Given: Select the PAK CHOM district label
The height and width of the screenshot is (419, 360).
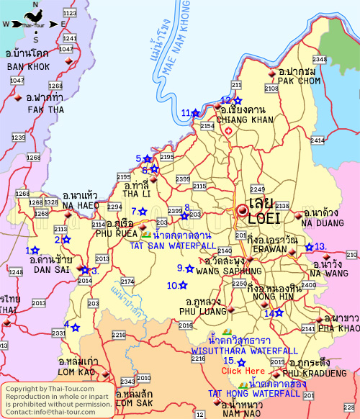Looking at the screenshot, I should coord(296,81).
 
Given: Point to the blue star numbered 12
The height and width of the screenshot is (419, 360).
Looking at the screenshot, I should coord(238,101).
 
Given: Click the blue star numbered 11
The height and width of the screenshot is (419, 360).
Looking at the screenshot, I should coord(196,112).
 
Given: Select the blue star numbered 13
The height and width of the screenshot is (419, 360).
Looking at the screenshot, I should coord(309,247).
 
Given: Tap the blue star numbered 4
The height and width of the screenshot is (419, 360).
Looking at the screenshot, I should coord(75,328).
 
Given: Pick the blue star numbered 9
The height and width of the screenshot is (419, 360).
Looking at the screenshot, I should coord(189,269).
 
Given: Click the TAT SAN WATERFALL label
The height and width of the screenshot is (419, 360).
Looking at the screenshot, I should coord(171,245).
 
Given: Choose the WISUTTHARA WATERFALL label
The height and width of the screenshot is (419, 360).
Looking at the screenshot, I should coord(244,351).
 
